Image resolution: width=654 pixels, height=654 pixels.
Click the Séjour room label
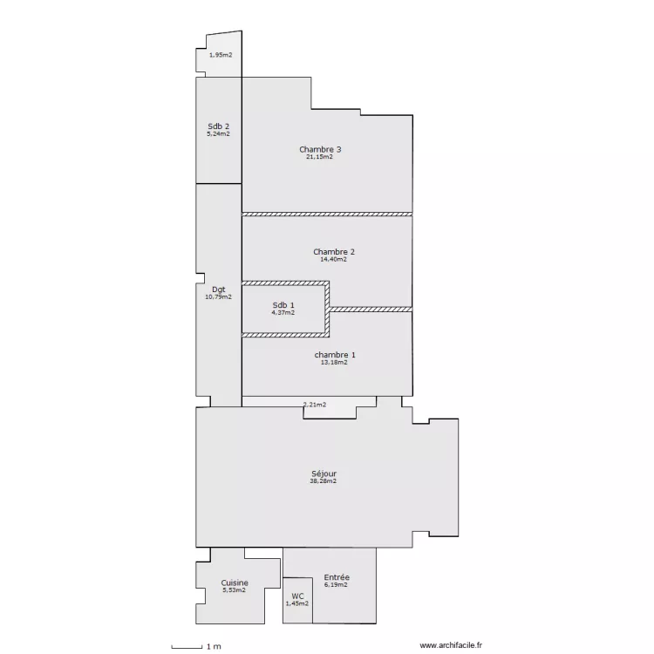pyautogui.click(x=324, y=473)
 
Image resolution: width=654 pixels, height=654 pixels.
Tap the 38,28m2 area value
pyautogui.click(x=324, y=480)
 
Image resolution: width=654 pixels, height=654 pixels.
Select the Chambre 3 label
pyautogui.click(x=320, y=149)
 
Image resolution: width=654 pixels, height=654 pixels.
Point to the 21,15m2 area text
pyautogui.click(x=319, y=157)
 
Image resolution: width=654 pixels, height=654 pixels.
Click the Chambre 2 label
pyautogui.click(x=334, y=252)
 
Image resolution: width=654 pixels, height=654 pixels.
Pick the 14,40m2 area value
pyautogui.click(x=333, y=259)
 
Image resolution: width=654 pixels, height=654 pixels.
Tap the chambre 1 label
pyautogui.click(x=335, y=355)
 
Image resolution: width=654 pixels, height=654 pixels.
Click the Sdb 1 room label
pyautogui.click(x=283, y=305)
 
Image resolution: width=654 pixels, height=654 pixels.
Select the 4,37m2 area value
pyautogui.click(x=283, y=312)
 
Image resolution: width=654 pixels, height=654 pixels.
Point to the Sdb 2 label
pyautogui.click(x=219, y=126)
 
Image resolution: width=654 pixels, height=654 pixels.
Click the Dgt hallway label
pyautogui.click(x=219, y=290)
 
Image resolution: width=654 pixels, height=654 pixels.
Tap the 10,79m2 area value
pyautogui.click(x=219, y=297)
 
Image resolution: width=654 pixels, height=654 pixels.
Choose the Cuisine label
pyautogui.click(x=235, y=583)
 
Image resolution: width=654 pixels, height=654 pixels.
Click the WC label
pyautogui.click(x=297, y=596)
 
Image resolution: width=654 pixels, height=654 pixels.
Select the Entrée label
pyautogui.click(x=337, y=577)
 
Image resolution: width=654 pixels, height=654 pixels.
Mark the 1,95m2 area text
pyautogui.click(x=221, y=55)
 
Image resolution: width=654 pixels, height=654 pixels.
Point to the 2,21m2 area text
pyautogui.click(x=315, y=405)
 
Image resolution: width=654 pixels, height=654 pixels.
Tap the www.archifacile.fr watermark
pyautogui.click(x=451, y=645)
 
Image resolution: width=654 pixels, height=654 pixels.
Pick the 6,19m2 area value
pyautogui.click(x=336, y=585)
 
